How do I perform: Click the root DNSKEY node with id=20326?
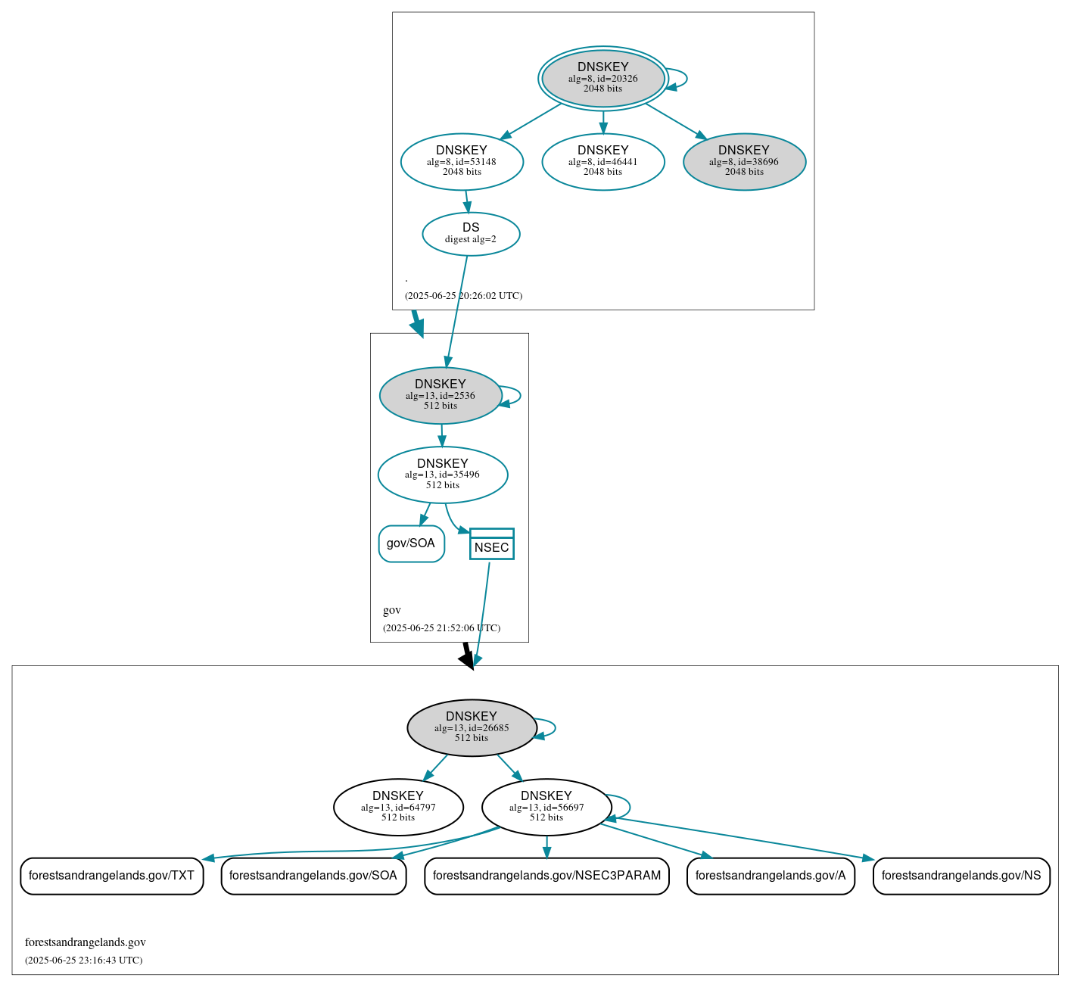pos(602,78)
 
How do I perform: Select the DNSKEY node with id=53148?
pos(462,161)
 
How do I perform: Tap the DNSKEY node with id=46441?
pos(602,161)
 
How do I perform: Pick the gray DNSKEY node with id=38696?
pos(744,161)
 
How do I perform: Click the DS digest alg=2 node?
pos(471,234)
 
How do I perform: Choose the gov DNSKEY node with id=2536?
pos(441,395)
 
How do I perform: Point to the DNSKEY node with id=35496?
pos(443,475)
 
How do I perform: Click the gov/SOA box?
pos(411,543)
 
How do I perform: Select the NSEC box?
pos(491,544)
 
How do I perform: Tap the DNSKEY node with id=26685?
pos(472,727)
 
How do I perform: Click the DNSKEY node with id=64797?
pos(398,807)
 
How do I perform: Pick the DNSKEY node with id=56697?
pos(546,807)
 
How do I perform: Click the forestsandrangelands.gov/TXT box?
pos(111,876)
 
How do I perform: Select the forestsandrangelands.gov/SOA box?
pos(313,876)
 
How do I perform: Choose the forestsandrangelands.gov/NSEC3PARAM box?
pos(546,876)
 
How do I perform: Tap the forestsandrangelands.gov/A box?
pos(771,876)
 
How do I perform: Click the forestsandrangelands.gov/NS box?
pos(961,876)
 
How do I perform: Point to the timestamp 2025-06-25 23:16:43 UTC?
pos(83,961)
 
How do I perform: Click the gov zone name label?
pos(392,610)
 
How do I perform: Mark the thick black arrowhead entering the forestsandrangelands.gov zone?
pos(468,660)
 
